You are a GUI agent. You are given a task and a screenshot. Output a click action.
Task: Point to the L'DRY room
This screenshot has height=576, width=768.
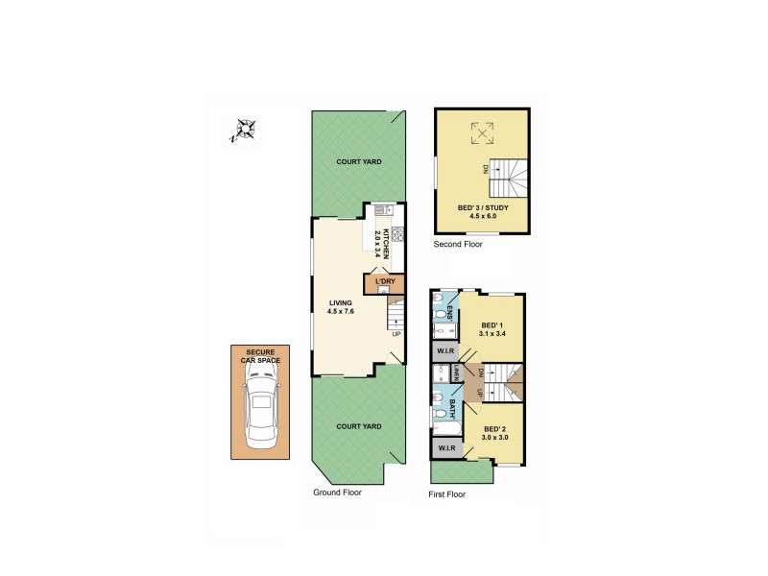click(385, 281)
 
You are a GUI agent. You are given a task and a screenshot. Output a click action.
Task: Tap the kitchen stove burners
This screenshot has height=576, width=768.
click(396, 233)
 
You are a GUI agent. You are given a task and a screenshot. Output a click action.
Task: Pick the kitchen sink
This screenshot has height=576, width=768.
click(381, 209)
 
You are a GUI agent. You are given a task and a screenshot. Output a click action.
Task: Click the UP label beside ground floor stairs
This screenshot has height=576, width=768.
click(396, 334)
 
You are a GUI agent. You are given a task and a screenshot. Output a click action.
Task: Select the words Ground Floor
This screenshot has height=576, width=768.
click(337, 492)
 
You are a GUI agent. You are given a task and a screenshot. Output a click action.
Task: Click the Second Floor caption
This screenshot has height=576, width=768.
click(458, 244)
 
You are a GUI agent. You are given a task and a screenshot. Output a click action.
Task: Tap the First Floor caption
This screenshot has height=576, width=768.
click(446, 494)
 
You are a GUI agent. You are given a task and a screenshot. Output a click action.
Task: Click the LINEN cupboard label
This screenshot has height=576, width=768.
click(457, 373)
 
